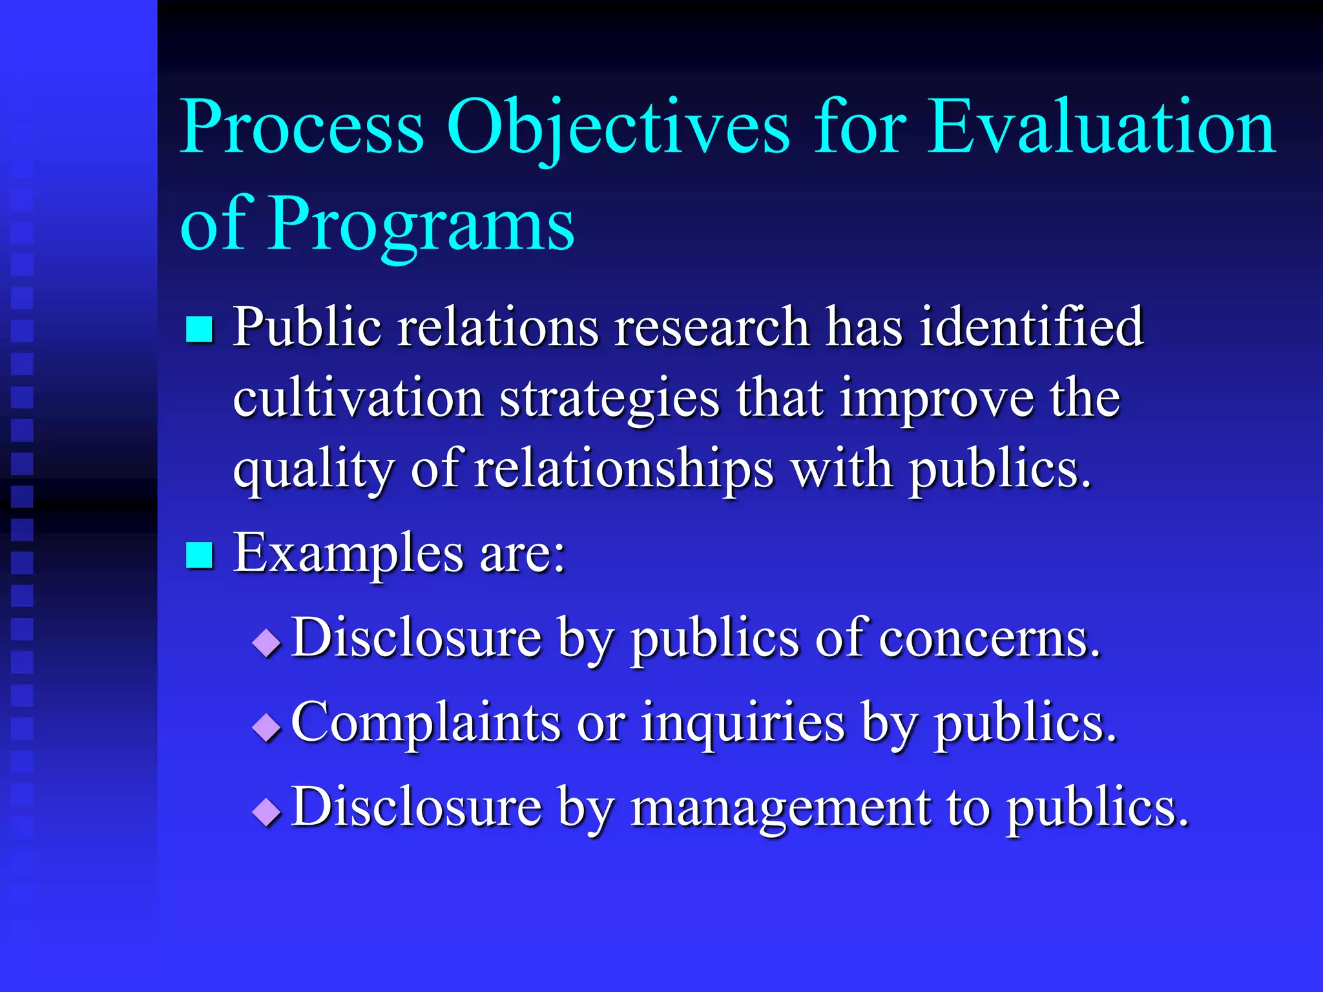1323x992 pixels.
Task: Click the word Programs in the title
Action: [x=421, y=225]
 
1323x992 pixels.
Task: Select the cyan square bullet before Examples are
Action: [x=199, y=555]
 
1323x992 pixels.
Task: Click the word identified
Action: [x=1031, y=327]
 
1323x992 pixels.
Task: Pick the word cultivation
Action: [x=358, y=398]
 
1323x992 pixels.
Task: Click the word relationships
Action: [x=623, y=470]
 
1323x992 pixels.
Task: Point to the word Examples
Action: [x=348, y=554]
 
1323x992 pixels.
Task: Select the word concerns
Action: [x=989, y=638]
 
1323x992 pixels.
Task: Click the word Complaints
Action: [x=426, y=723]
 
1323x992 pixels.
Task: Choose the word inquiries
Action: [x=743, y=723]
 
